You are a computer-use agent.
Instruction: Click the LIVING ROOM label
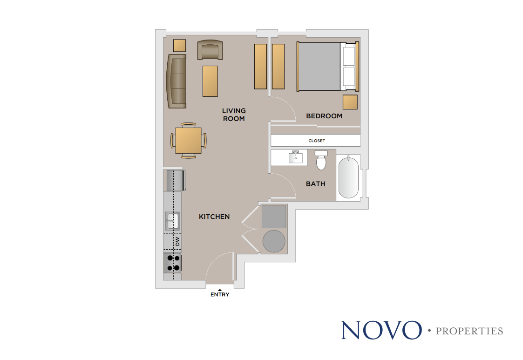pyautogui.click(x=233, y=115)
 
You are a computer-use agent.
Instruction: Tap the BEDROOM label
pyautogui.click(x=324, y=116)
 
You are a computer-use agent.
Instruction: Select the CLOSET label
pyautogui.click(x=317, y=141)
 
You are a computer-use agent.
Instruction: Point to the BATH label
pyautogui.click(x=315, y=184)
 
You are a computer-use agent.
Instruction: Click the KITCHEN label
pyautogui.click(x=214, y=217)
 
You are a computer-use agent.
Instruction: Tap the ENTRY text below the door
pyautogui.click(x=220, y=294)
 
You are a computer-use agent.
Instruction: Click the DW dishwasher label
pyautogui.click(x=177, y=242)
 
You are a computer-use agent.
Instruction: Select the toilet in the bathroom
pyautogui.click(x=321, y=160)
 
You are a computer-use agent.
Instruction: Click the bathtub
pyautogui.click(x=348, y=177)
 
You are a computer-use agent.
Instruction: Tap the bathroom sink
pyautogui.click(x=295, y=157)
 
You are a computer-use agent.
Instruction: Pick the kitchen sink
pyautogui.click(x=172, y=221)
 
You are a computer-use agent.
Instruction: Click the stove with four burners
pyautogui.click(x=173, y=263)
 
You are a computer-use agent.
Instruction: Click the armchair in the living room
pyautogui.click(x=210, y=50)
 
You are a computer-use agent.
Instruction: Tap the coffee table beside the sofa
pyautogui.click(x=210, y=82)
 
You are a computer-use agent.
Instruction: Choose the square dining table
pyautogui.click(x=188, y=140)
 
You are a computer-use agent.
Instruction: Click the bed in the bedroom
pyautogui.click(x=326, y=67)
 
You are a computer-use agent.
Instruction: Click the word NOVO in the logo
pyautogui.click(x=380, y=330)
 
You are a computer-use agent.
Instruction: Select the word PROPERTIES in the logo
pyautogui.click(x=469, y=331)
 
